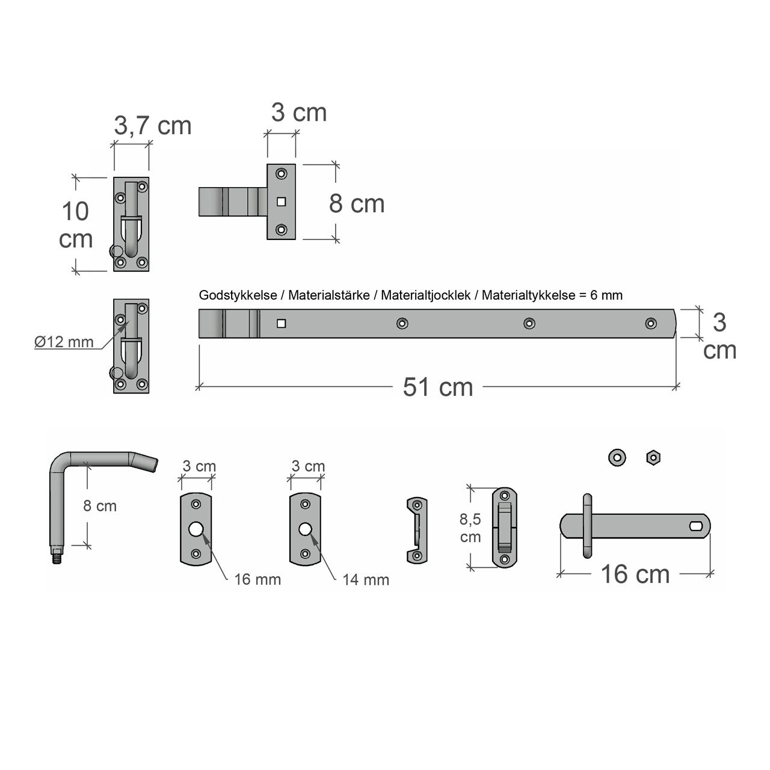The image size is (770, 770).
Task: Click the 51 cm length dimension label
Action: click(437, 387)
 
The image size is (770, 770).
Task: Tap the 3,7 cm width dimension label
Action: click(153, 126)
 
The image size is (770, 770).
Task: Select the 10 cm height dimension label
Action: click(76, 225)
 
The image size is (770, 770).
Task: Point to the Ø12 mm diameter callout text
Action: click(64, 342)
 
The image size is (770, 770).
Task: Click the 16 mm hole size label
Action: click(257, 579)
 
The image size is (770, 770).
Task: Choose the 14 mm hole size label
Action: click(366, 580)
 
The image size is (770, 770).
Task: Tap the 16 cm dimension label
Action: click(635, 574)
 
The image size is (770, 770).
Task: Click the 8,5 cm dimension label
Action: click(470, 528)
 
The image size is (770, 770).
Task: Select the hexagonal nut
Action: click(653, 458)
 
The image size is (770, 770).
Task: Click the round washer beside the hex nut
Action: click(617, 458)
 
